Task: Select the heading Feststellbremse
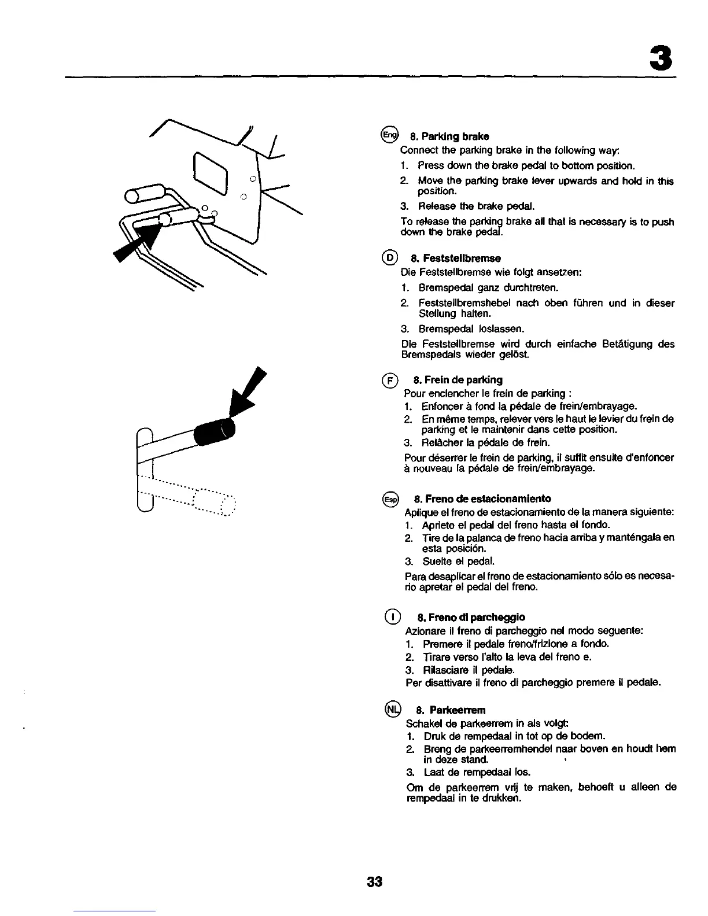tap(456, 258)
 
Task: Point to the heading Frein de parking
tap(458, 380)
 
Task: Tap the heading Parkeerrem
tap(451, 710)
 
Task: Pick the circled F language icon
tap(391, 380)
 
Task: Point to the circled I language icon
tap(392, 616)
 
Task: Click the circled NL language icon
tap(392, 709)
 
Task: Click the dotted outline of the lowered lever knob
tap(214, 501)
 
